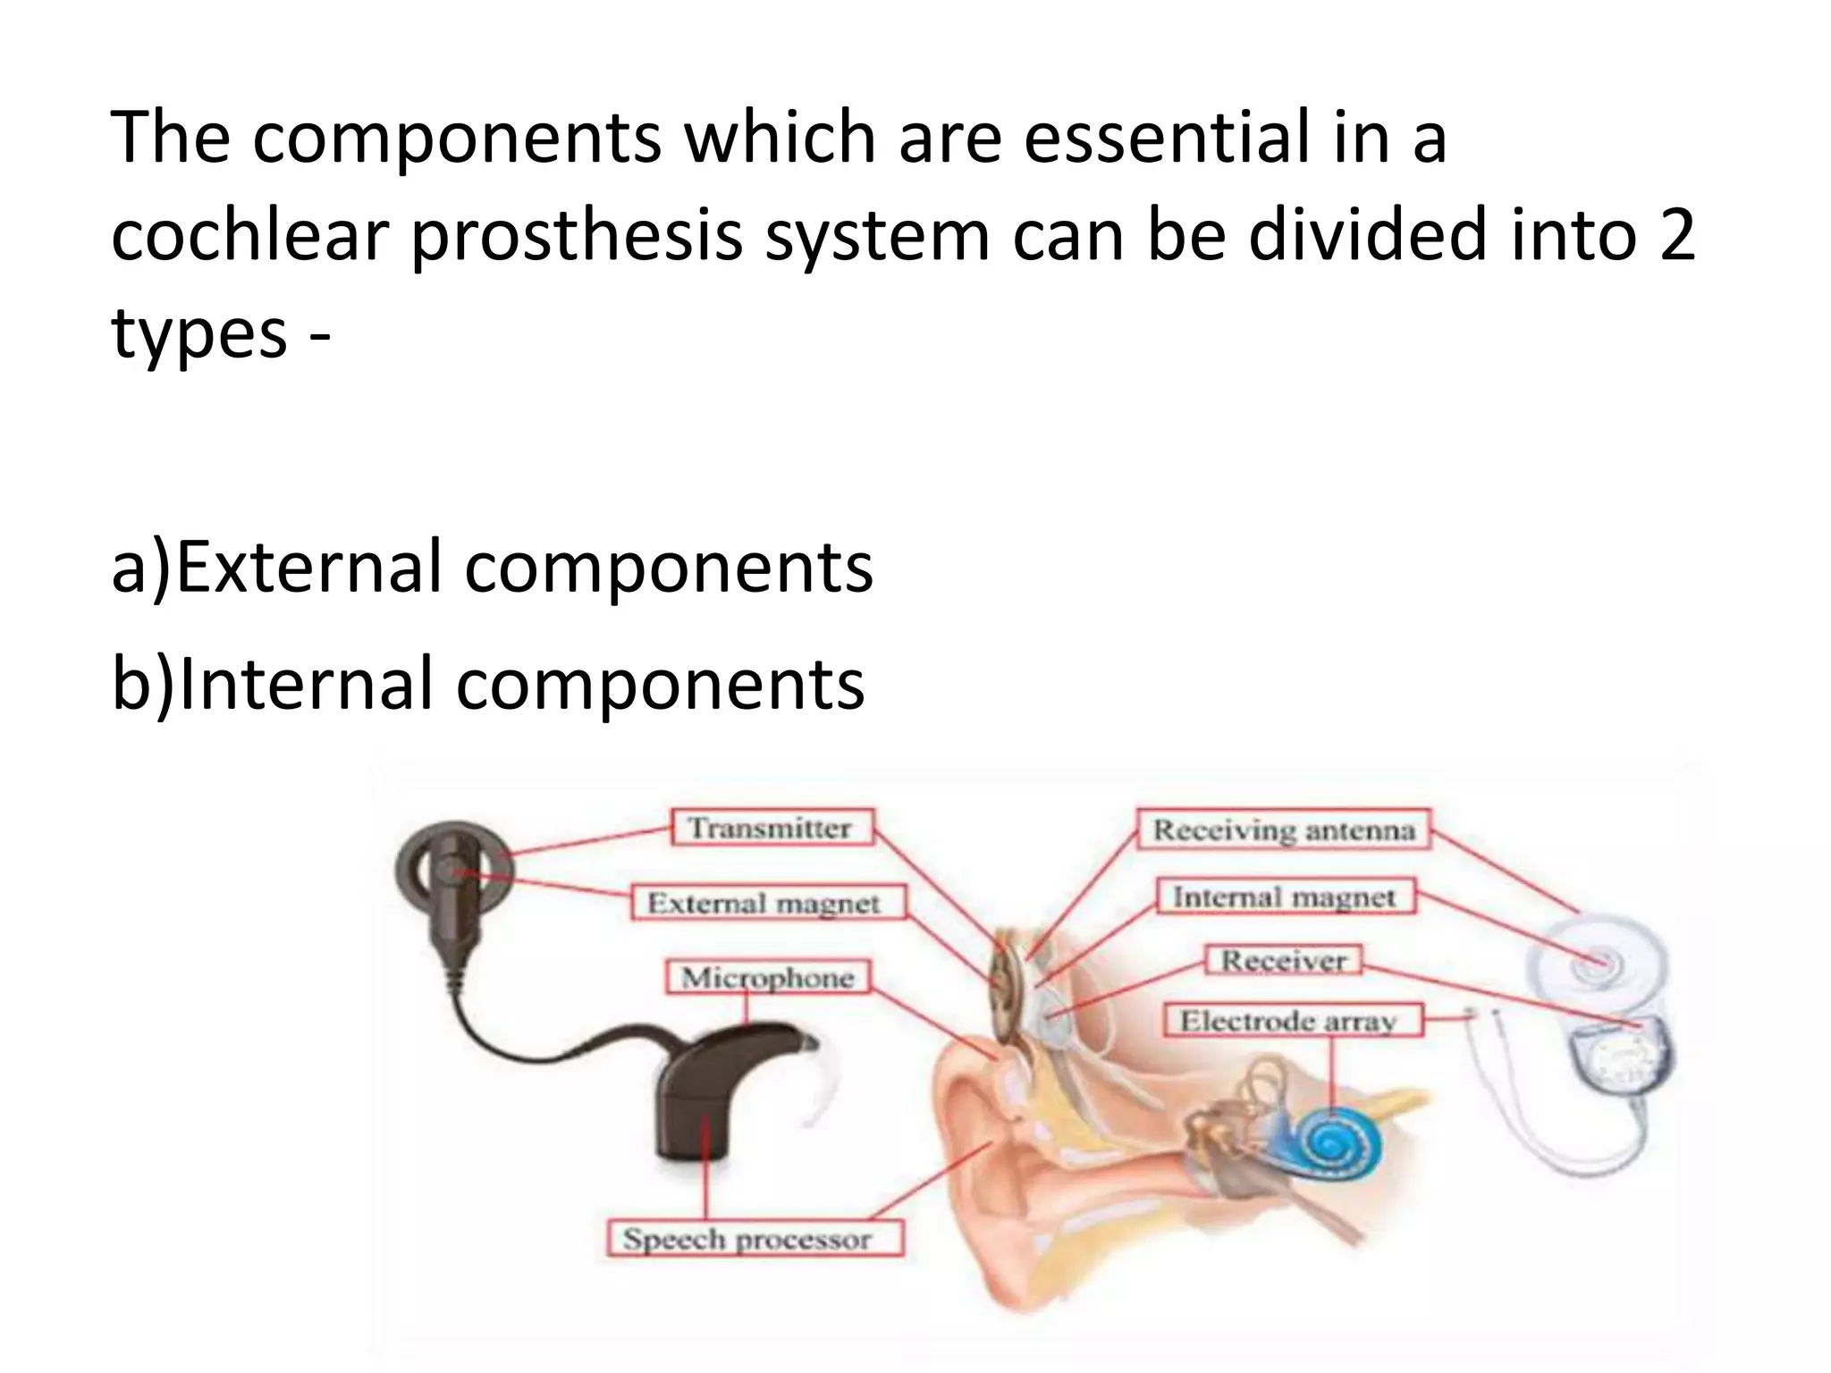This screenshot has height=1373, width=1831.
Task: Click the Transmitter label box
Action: (x=771, y=827)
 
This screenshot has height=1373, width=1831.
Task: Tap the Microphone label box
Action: (x=767, y=977)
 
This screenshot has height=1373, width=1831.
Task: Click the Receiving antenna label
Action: (x=1284, y=830)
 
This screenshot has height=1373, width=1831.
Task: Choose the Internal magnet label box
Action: (x=1285, y=897)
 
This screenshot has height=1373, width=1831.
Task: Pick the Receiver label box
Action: (x=1284, y=961)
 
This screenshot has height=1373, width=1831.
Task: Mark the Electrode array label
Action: (x=1291, y=1021)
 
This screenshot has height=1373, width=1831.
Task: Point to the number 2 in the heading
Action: (x=1675, y=234)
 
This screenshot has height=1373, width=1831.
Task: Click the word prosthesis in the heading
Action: (x=577, y=234)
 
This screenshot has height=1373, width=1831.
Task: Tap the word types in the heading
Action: (x=198, y=333)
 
